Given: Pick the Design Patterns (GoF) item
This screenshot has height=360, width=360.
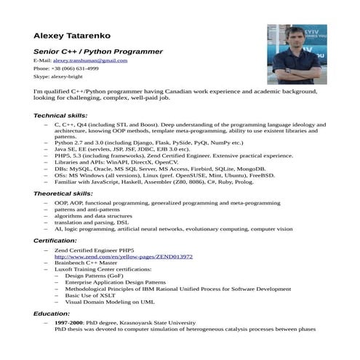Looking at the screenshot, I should (x=95, y=276).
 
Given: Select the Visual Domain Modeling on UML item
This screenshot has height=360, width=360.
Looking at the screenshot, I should (x=110, y=302).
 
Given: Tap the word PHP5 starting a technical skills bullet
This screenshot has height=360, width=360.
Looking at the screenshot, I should (x=62, y=156).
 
